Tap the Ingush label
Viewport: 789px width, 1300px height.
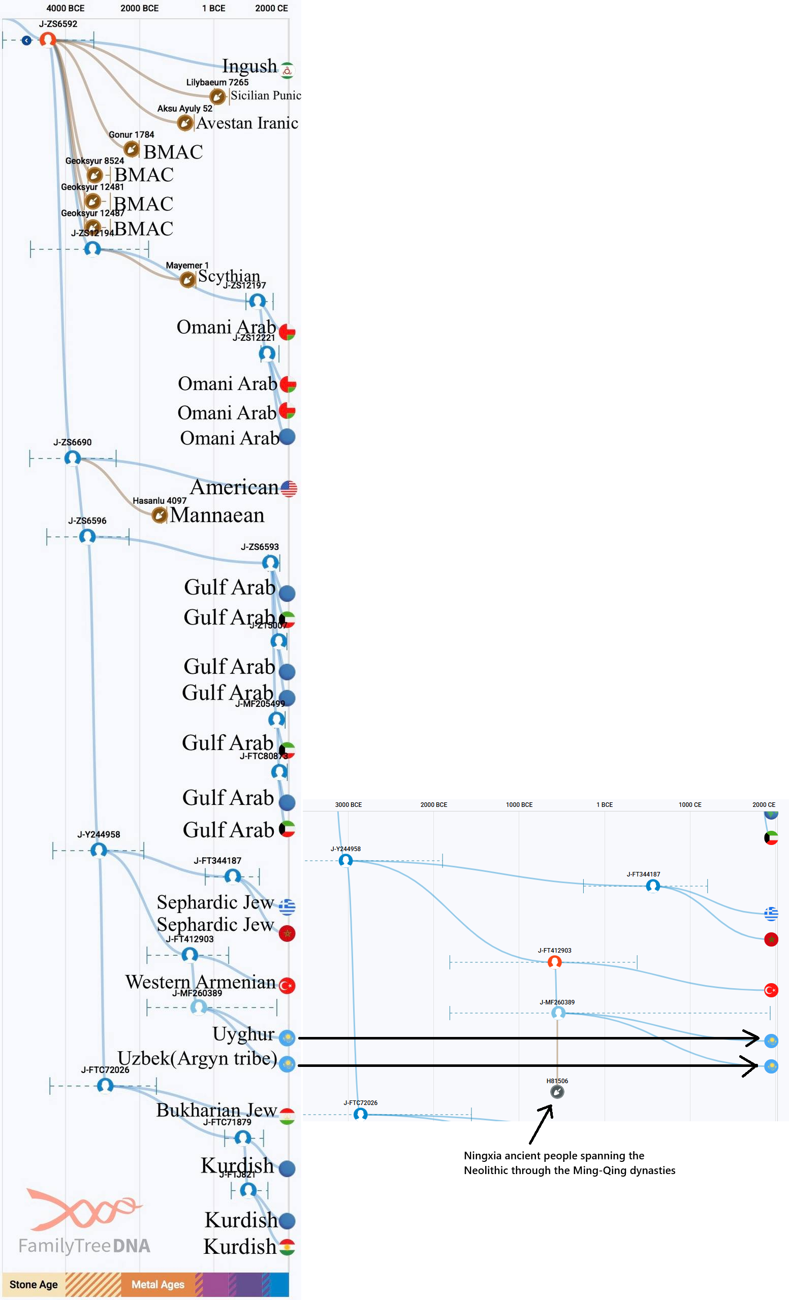249,66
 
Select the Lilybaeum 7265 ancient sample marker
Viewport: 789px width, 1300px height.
217,96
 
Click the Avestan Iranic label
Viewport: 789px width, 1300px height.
247,123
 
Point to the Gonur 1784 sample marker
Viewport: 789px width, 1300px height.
132,149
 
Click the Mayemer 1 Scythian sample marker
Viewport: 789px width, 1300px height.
187,280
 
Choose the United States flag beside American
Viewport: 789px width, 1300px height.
289,489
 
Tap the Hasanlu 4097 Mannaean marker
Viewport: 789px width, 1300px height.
160,515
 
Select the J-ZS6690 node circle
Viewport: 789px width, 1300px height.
73,458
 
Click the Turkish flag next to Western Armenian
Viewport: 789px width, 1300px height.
287,986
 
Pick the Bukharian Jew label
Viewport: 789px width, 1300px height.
216,1110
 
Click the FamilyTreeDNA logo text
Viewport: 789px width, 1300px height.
84,1246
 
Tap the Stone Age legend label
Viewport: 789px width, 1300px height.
34,1285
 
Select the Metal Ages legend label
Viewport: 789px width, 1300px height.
158,1285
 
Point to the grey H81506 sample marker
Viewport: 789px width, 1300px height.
557,1092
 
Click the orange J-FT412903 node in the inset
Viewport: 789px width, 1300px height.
554,962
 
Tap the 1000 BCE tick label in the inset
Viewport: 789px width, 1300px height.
519,804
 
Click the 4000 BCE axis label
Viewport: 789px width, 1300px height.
66,9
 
